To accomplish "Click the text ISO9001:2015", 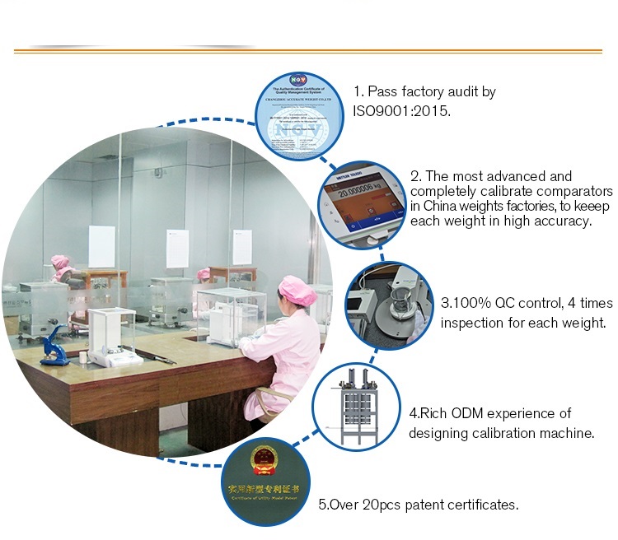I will pyautogui.click(x=401, y=109).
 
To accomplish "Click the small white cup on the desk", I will pyautogui.click(x=83, y=357).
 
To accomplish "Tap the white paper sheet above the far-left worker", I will pyautogui.click(x=101, y=246).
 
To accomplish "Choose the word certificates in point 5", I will pyautogui.click(x=485, y=505).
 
